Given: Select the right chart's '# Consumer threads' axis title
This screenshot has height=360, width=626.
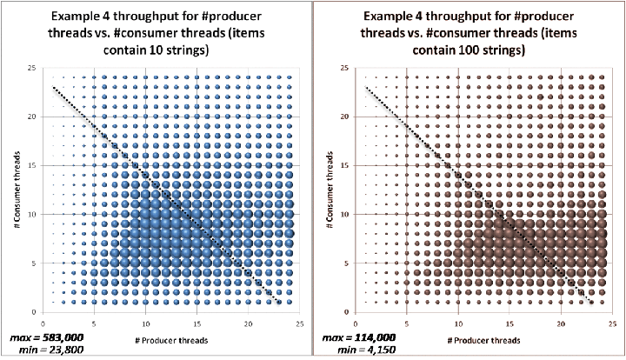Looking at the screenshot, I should (x=330, y=190).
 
